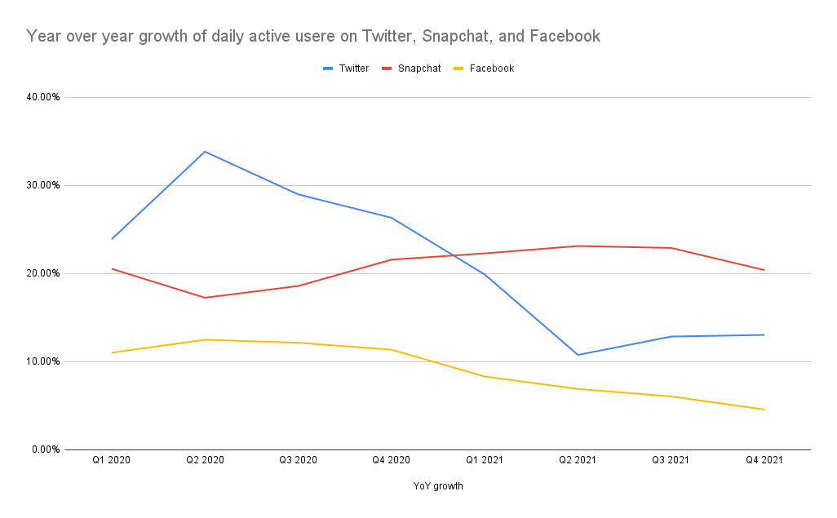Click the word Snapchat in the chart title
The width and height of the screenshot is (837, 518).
point(457,37)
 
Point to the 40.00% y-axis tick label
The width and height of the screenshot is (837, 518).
point(44,97)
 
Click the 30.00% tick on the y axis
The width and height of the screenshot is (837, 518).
point(44,185)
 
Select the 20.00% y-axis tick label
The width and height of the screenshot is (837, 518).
point(44,273)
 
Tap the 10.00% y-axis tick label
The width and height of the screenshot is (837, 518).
point(44,361)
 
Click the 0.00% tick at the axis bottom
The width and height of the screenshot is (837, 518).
point(46,449)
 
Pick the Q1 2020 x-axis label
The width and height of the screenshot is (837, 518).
point(111,461)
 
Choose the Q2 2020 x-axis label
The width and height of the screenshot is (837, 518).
point(205,461)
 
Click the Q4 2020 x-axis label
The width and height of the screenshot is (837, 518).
point(392,461)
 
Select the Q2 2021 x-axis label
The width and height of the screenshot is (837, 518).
point(578,461)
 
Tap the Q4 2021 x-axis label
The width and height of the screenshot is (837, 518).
point(764,461)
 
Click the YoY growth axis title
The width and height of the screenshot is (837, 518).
point(438,487)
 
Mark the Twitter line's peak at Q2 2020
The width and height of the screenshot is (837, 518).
point(205,151)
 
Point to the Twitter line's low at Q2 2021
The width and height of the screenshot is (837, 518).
point(578,355)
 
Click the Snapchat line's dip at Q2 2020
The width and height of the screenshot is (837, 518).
point(205,298)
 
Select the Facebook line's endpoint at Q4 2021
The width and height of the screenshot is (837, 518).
point(764,410)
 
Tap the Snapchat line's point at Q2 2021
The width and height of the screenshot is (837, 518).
point(578,246)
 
